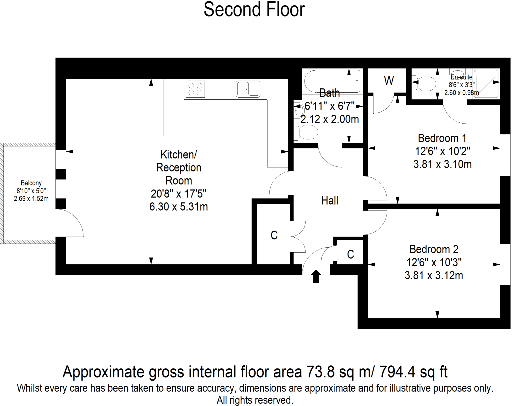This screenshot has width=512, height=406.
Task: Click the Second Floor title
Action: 254,10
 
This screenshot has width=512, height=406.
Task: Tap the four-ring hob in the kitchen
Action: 195,89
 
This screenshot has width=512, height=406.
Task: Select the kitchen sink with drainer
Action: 248,89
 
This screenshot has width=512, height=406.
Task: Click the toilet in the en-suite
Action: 425,84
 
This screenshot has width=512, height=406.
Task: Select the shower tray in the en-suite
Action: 486,84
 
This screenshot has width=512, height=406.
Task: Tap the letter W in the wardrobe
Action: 389,81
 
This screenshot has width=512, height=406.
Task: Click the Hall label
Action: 329,201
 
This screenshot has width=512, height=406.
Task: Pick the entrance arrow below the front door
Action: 316,276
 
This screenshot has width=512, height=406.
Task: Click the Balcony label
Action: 31,183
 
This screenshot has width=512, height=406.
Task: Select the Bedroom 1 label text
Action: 442,138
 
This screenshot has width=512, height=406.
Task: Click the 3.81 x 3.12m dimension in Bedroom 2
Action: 434,275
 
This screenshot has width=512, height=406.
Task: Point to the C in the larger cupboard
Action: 274,235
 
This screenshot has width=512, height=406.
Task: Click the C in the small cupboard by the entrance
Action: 350,254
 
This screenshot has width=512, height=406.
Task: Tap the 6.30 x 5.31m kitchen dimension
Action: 178,207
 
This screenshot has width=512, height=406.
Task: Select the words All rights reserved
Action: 254,400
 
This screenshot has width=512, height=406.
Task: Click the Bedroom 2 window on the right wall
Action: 505,264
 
